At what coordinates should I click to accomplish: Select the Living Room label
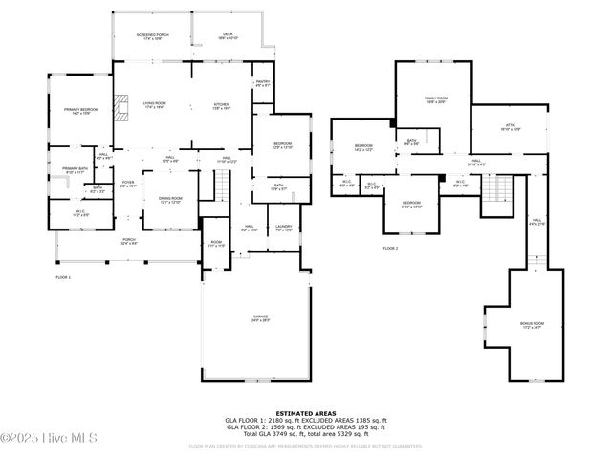155,104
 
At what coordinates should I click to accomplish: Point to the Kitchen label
221,104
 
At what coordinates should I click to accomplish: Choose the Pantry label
263,83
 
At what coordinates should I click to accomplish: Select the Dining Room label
169,200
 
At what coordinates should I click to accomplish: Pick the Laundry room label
283,228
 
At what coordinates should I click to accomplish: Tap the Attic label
510,126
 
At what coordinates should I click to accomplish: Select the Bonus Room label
532,325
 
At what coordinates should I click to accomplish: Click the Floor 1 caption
63,276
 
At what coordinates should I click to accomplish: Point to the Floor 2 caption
389,248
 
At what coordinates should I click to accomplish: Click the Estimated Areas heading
306,413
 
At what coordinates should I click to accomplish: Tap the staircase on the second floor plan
495,189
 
